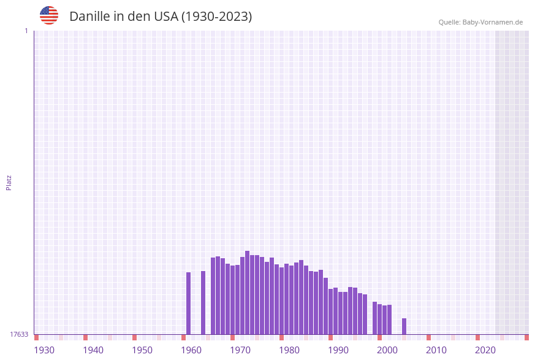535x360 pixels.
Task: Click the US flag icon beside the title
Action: [49, 15]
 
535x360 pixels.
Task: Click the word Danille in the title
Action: [89, 17]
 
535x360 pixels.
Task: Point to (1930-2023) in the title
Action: [216, 17]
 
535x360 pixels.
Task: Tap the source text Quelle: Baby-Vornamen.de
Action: [480, 22]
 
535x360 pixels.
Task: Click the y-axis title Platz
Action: [9, 183]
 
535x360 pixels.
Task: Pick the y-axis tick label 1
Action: [26, 31]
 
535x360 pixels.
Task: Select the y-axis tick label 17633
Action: [19, 334]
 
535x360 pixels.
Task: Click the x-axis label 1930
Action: [44, 350]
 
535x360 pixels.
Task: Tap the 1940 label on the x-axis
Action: [93, 350]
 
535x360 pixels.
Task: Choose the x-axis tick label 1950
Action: [142, 350]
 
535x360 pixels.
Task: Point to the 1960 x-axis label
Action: [191, 350]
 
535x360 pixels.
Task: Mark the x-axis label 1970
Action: [240, 350]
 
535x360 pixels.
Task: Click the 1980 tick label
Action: [289, 350]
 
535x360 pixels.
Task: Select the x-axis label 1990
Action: [338, 350]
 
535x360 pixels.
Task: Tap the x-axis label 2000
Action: [387, 350]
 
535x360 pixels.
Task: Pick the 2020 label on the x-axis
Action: [485, 350]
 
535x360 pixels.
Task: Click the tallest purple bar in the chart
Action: [248, 293]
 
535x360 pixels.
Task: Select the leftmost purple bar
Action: [189, 303]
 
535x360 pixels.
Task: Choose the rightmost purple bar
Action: [404, 326]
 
